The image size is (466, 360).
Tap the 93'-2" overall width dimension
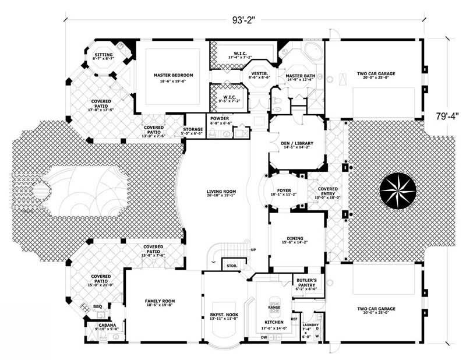[242, 21]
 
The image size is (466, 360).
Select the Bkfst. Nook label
[224, 315]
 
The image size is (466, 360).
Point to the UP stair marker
[253, 250]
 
